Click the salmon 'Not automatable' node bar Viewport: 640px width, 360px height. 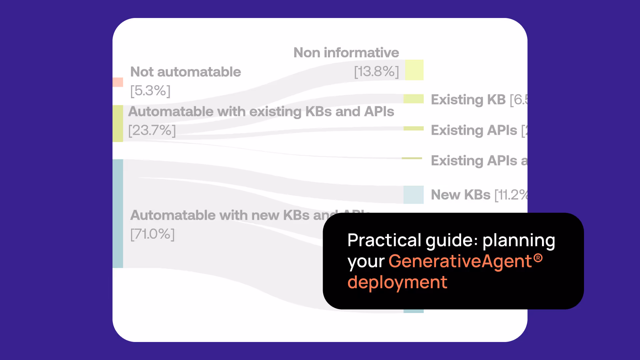[118, 82]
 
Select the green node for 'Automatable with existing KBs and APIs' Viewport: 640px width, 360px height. [118, 123]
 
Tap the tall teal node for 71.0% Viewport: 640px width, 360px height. [118, 213]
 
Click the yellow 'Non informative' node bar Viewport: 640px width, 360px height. [414, 70]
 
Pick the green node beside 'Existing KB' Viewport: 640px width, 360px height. [413, 99]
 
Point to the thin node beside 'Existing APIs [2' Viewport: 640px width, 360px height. [413, 128]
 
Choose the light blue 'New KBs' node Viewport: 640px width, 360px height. [413, 195]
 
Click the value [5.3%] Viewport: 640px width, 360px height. [150, 91]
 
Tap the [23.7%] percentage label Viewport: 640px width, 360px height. [152, 130]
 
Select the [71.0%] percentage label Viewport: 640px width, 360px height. [152, 234]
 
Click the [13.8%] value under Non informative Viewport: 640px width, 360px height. [376, 71]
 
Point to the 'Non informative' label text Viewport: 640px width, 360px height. [346, 53]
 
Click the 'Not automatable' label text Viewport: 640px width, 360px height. [185, 72]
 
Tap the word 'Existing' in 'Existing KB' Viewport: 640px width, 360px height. [457, 100]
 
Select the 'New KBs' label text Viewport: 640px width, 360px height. [460, 195]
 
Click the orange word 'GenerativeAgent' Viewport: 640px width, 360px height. [460, 261]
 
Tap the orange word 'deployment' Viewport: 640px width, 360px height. [397, 282]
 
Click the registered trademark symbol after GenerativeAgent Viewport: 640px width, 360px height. [538, 258]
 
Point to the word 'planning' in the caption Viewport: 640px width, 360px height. [519, 241]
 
